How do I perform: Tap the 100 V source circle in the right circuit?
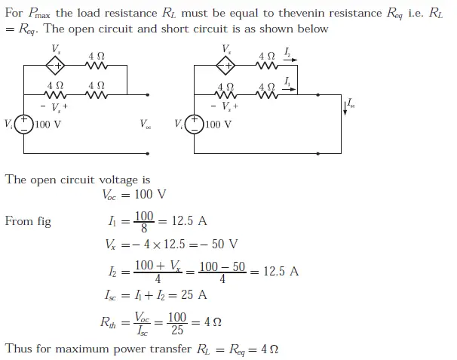coord(195,124)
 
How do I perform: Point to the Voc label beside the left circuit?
coord(145,124)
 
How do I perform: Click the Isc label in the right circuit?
coord(352,103)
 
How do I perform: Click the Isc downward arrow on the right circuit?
coord(345,106)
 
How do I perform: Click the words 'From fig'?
coord(28,222)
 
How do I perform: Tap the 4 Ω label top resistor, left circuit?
coord(97,56)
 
